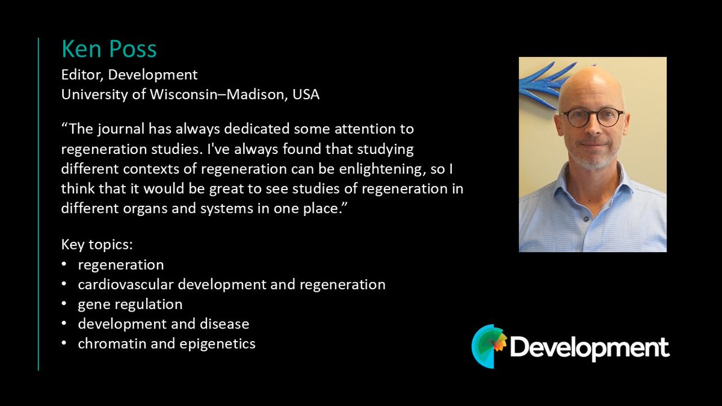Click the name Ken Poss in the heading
[x=109, y=49]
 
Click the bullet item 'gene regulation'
[x=130, y=304]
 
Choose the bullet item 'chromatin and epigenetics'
[x=167, y=343]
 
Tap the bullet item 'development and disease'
[x=163, y=324]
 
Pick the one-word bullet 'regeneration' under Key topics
[x=120, y=265]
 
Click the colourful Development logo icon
[x=489, y=346]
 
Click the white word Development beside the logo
[x=590, y=348]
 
